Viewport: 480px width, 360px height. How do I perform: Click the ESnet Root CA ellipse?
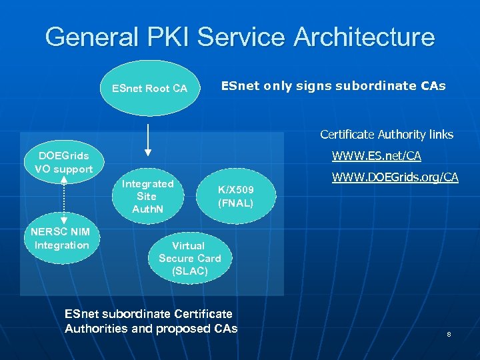(x=149, y=88)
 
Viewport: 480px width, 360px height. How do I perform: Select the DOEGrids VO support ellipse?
(x=64, y=162)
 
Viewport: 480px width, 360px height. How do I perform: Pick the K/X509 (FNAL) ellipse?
(x=236, y=197)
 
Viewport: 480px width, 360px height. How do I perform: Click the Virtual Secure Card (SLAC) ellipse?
(x=189, y=258)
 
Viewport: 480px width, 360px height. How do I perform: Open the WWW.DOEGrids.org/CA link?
(x=395, y=177)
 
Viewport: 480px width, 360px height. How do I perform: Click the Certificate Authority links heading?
(x=386, y=135)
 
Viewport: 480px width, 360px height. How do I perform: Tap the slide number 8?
(x=449, y=334)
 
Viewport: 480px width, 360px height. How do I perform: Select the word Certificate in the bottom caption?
(x=203, y=313)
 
